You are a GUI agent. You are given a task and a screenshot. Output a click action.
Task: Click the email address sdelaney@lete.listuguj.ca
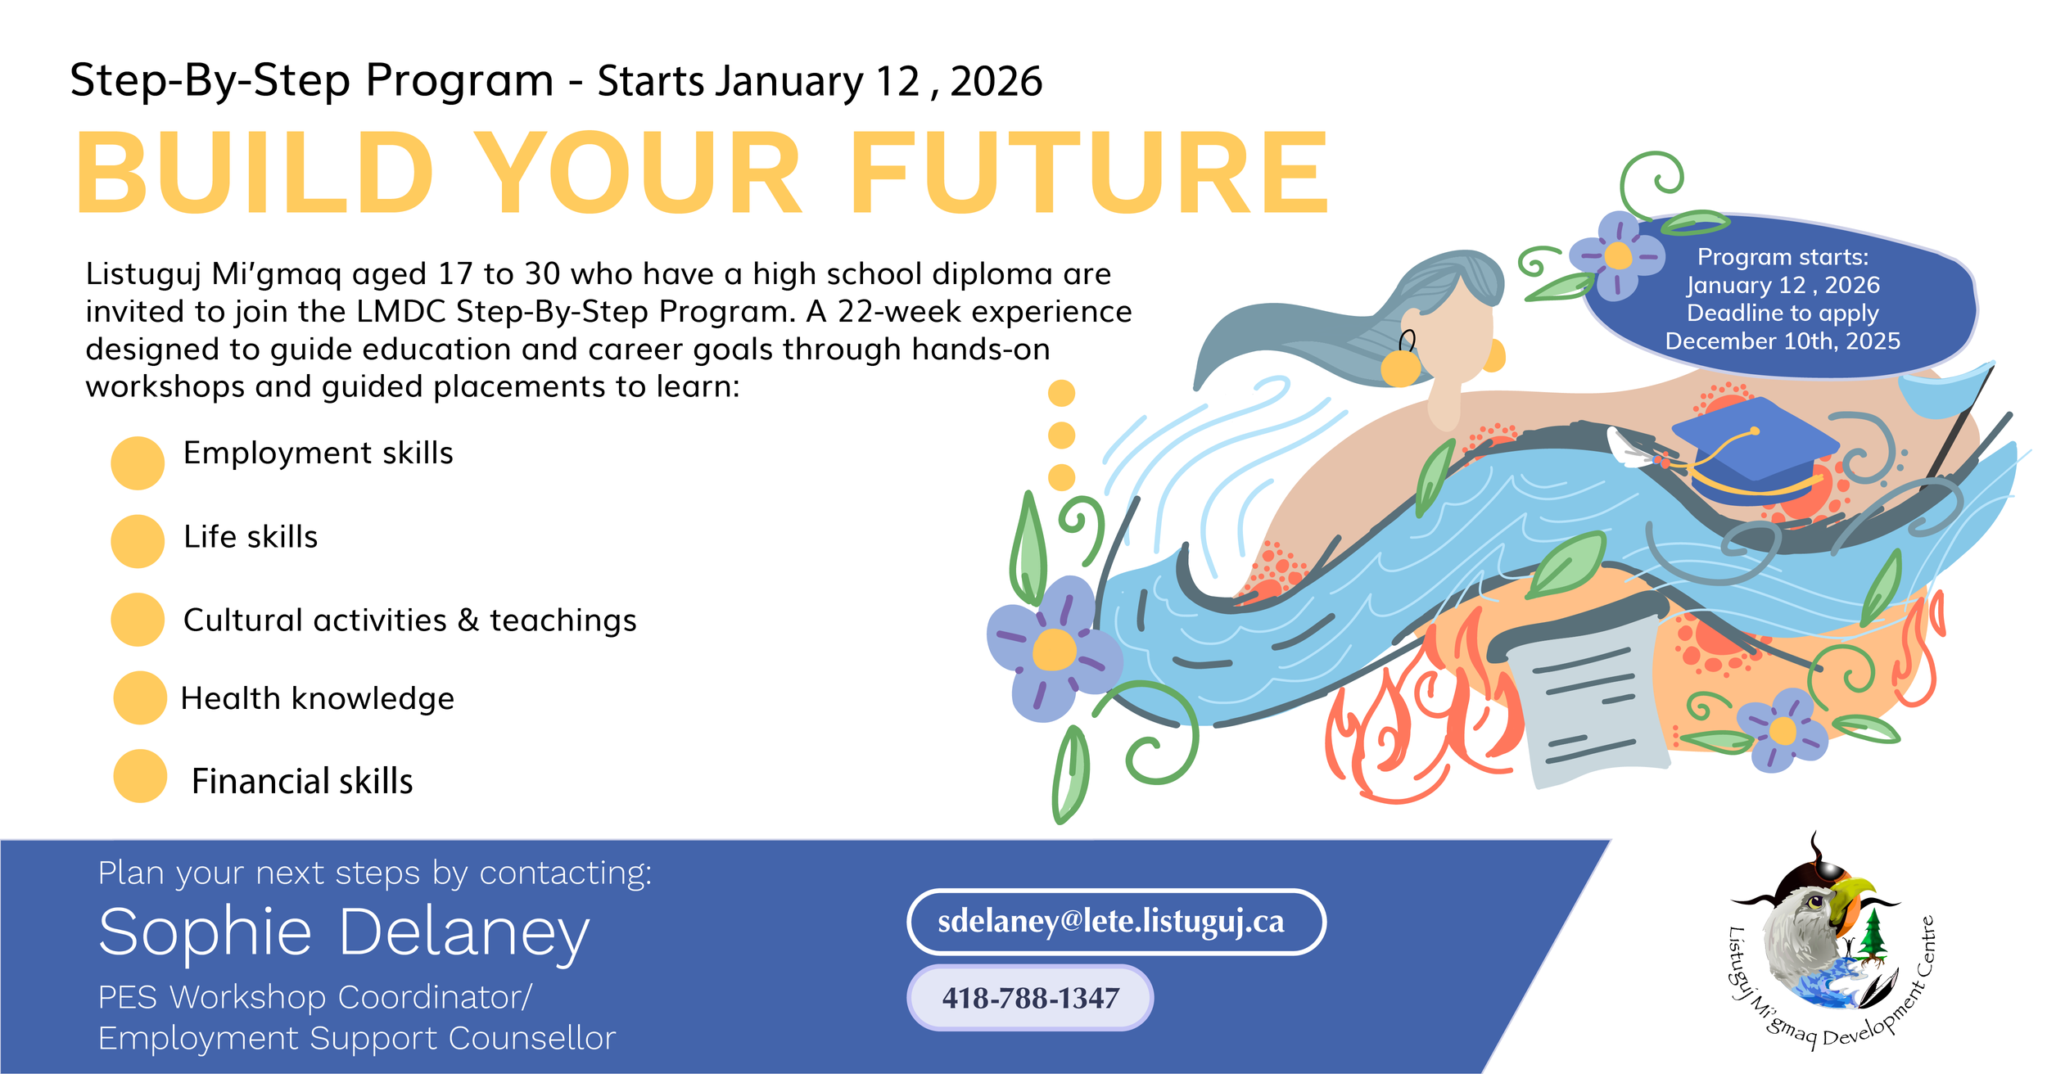coord(1111,923)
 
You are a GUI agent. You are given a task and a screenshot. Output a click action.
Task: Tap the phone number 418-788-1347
coord(1030,999)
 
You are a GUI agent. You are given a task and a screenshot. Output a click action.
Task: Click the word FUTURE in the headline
coord(1089,174)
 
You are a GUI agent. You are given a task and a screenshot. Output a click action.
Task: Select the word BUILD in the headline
coord(254,174)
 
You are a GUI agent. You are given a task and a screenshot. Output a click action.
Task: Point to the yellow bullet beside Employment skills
coord(138,463)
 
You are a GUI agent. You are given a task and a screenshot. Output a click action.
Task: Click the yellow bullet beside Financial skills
coord(140,776)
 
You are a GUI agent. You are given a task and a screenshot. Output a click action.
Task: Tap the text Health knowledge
coord(318,699)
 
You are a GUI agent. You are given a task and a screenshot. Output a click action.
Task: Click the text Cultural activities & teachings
coord(409,620)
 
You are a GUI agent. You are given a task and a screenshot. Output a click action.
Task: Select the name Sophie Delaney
coord(344,933)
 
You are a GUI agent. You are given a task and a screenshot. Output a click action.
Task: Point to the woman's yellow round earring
coord(1400,368)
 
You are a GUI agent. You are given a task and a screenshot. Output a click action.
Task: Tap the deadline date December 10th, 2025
coord(1783,341)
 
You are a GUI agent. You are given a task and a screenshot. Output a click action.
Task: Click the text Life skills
coord(251,537)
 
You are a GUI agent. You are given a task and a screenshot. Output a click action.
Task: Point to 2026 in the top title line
coord(996,82)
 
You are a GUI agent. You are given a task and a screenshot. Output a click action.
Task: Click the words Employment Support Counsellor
coord(356,1039)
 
